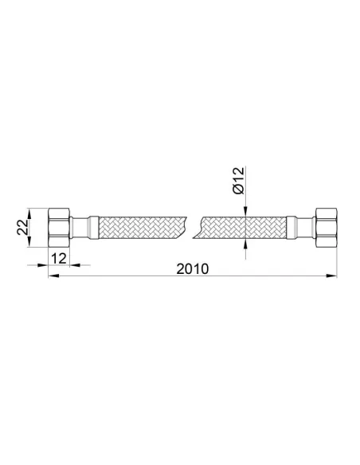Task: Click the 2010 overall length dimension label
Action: click(193, 269)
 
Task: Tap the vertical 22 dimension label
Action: click(22, 227)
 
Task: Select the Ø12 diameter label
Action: click(239, 181)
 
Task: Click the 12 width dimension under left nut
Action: click(59, 259)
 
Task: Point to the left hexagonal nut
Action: click(59, 228)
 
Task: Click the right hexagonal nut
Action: click(327, 228)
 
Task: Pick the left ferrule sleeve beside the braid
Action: click(93, 228)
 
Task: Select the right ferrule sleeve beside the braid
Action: click(292, 228)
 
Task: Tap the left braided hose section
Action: click(143, 228)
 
